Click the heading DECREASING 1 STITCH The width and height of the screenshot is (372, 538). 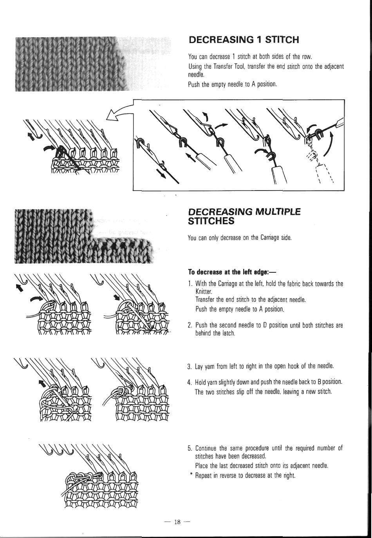[x=244, y=40]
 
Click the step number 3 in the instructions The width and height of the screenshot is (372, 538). [x=189, y=367]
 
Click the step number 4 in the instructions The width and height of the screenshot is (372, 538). [x=189, y=382]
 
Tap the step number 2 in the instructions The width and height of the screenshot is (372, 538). [x=189, y=325]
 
